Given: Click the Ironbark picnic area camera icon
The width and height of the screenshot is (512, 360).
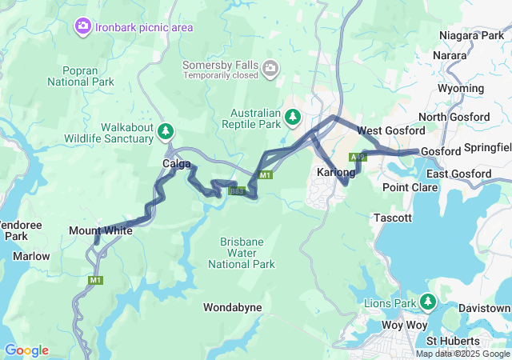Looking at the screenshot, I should (83, 27).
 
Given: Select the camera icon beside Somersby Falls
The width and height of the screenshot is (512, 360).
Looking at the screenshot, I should (271, 66).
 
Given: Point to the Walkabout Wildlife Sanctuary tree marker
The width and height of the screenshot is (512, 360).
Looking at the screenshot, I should (166, 130).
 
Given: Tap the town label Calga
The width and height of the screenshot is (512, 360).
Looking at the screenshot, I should (177, 164).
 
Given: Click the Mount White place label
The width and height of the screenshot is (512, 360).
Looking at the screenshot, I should (101, 231).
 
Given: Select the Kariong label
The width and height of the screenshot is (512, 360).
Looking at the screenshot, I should (335, 173).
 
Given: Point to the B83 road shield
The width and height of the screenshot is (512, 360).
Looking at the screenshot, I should (236, 190).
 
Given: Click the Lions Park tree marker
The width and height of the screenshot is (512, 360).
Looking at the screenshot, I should (429, 302).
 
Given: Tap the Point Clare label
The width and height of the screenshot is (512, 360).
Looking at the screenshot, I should (410, 187).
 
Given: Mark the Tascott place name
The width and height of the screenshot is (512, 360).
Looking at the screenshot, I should (392, 218).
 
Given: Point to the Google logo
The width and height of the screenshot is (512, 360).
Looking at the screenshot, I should (26, 350).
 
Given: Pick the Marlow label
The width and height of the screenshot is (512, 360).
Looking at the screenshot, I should (31, 257).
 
